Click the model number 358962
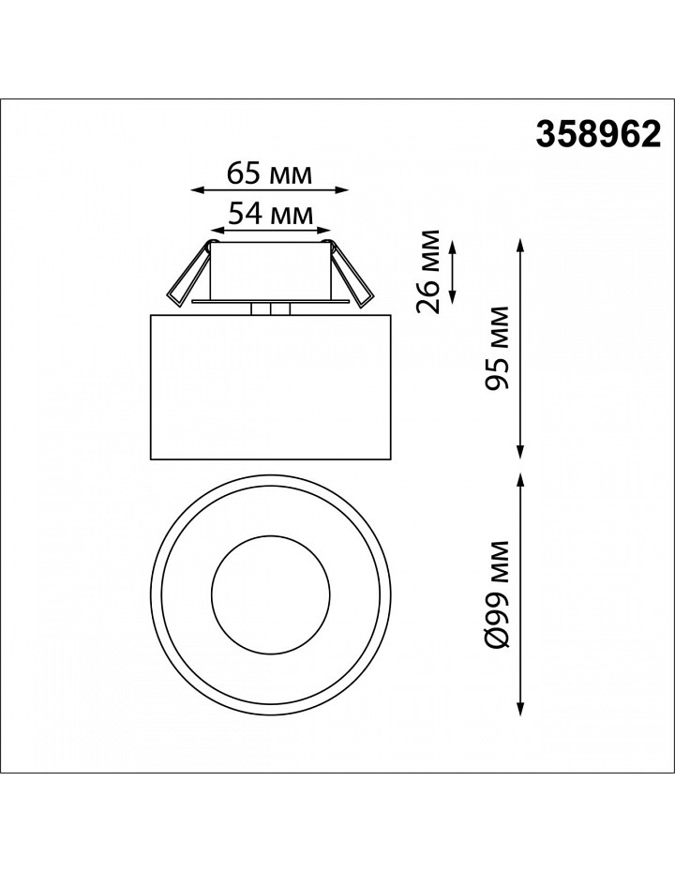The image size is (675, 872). (598, 135)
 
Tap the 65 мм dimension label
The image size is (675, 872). (270, 174)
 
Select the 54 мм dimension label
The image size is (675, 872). (271, 213)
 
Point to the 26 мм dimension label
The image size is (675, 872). (428, 271)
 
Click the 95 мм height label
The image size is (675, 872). (497, 348)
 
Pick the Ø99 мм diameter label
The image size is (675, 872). (497, 594)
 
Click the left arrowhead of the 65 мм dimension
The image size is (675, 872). (195, 190)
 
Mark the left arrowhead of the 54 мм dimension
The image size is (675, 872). (214, 229)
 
